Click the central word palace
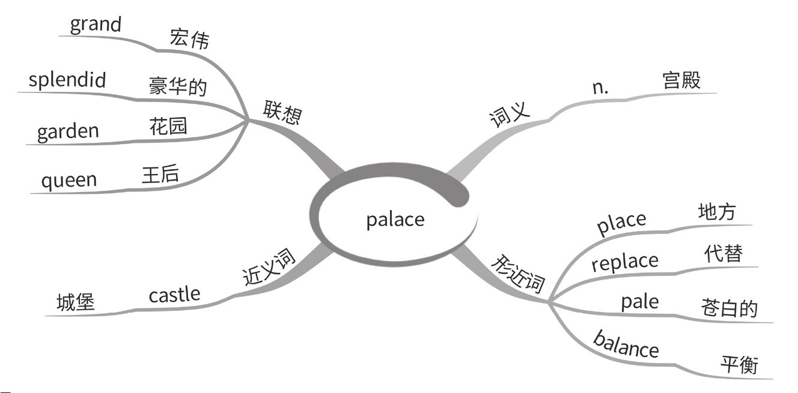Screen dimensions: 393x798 395,220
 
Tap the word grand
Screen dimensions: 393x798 96,25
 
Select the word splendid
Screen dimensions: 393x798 67,80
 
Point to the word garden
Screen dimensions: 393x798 68,131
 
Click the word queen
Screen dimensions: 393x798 69,180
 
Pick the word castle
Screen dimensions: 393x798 174,295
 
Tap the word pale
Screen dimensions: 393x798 639,301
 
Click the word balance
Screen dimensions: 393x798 626,343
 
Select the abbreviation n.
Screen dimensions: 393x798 600,87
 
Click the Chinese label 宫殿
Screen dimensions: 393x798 681,80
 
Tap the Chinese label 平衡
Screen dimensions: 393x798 739,364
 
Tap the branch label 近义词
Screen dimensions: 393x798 269,268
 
